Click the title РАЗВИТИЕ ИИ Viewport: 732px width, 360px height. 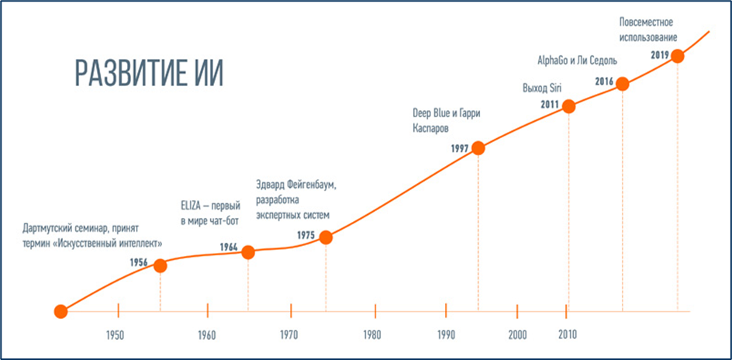pos(149,74)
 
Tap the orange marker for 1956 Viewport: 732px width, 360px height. pos(161,265)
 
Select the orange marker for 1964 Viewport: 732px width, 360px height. pos(248,252)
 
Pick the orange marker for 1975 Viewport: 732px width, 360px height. pos(326,237)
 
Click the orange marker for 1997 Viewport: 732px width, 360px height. pos(478,148)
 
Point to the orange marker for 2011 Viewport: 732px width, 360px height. pos(568,106)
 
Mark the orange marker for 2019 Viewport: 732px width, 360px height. pos(678,56)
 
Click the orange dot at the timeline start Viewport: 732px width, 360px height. pos(60,312)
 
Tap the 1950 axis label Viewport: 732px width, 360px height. pos(115,336)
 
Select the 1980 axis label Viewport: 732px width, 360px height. pos(371,336)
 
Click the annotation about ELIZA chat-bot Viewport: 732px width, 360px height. pos(209,213)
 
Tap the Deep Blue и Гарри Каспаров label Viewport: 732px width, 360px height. pos(447,119)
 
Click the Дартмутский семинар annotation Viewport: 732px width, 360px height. pos(92,236)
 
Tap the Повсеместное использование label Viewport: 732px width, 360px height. pos(647,29)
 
